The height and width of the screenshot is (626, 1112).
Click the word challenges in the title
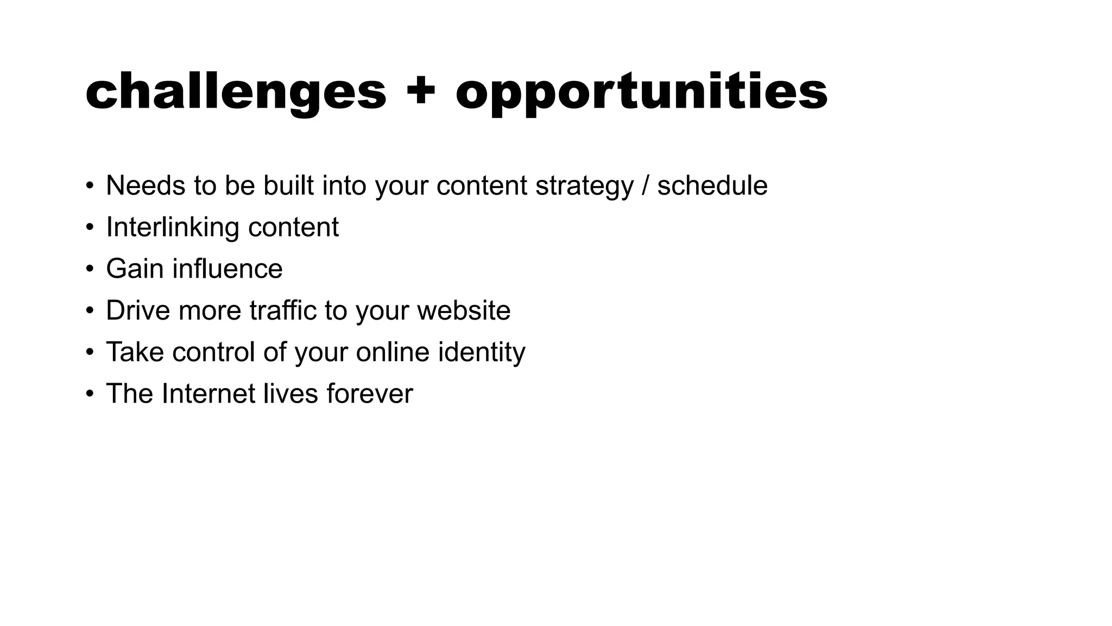coord(236,92)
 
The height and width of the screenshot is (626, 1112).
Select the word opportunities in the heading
coord(641,92)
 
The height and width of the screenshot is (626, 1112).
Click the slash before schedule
coord(645,186)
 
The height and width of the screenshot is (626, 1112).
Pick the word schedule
coord(712,186)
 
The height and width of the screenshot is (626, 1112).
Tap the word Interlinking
coord(172,227)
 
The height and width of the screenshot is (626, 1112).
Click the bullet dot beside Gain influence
coord(90,269)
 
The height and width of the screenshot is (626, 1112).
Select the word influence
coord(228,269)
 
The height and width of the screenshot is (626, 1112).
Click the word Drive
coord(138,311)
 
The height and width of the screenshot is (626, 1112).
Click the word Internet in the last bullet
coord(208,394)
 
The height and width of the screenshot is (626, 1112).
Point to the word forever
coord(370,394)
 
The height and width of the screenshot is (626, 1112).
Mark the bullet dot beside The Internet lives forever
coord(90,394)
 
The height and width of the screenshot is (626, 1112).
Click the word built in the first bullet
coord(288,186)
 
